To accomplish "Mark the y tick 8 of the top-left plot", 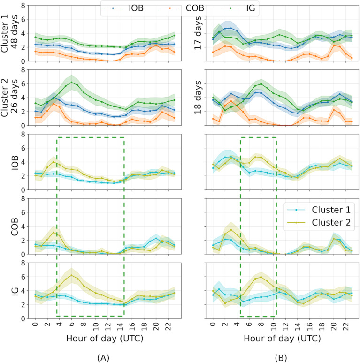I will pyautogui.click(x=21, y=6).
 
